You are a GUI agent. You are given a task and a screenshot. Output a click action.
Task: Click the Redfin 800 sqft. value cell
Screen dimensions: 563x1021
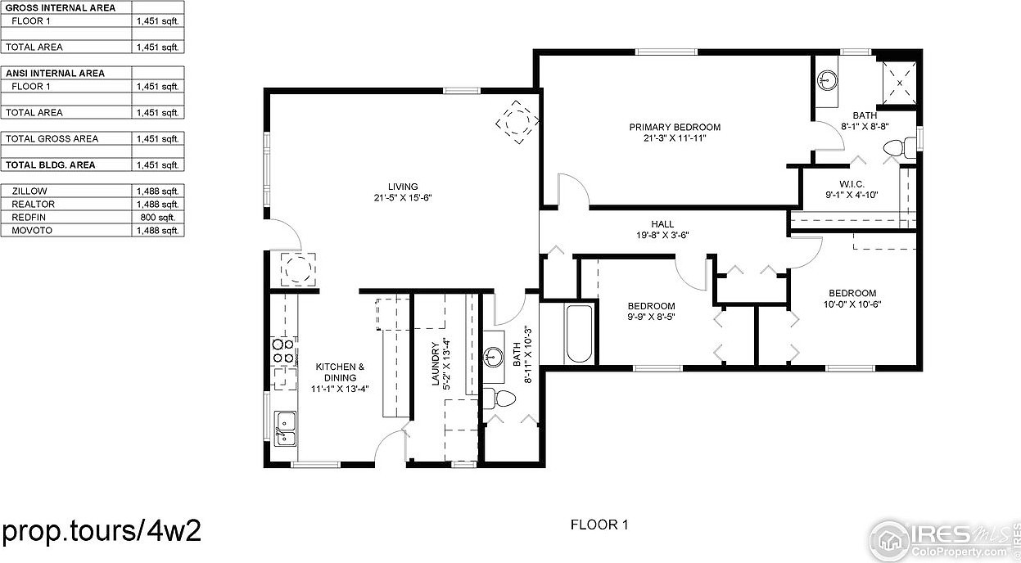(159, 218)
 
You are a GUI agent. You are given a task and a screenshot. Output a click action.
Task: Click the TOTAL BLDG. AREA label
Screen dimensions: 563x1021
(50, 165)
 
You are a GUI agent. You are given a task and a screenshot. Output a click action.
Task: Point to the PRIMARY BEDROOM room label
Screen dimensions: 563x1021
(674, 127)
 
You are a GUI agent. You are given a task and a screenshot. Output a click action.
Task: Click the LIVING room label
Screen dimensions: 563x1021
(403, 186)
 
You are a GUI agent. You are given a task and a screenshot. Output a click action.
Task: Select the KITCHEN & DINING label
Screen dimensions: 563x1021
(340, 367)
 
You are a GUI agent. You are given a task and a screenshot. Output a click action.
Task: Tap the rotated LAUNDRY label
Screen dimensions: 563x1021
(436, 364)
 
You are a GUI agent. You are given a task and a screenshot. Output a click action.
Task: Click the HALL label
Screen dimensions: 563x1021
(662, 223)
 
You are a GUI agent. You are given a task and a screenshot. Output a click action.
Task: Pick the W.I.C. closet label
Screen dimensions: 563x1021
(852, 184)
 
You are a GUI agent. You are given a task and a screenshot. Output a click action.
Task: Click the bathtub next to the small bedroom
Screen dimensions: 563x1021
(578, 333)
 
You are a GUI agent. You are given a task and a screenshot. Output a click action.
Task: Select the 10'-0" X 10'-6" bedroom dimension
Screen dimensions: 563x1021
(852, 304)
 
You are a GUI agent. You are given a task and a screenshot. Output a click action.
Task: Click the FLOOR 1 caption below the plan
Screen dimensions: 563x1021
(599, 525)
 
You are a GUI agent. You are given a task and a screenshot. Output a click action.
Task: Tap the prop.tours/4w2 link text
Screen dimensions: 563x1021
(102, 530)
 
